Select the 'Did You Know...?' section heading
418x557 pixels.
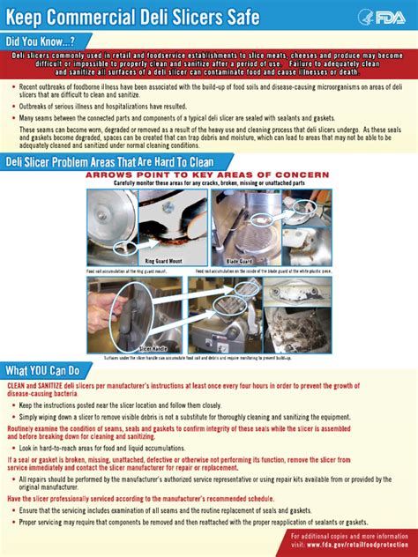[x=41, y=41]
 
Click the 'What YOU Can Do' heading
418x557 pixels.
[x=43, y=370]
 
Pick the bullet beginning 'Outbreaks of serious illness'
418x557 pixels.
[x=84, y=104]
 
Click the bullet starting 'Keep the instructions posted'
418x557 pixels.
[x=115, y=405]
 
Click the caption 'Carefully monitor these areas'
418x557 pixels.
[x=203, y=183]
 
